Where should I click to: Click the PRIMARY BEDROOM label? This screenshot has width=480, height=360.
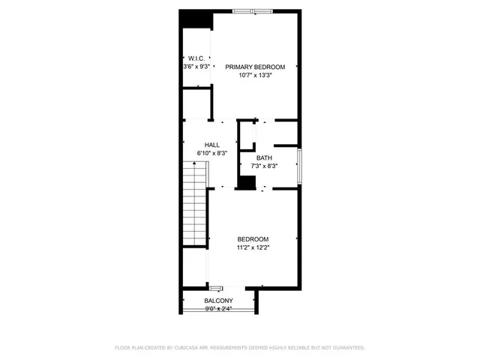255,67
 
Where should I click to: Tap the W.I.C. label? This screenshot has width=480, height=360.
196,58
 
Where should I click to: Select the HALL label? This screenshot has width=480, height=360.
212,144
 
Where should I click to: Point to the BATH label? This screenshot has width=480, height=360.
264,157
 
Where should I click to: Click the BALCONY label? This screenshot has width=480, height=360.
218,300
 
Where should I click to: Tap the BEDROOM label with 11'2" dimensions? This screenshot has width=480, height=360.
253,239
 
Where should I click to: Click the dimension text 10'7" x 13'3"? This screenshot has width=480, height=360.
255,75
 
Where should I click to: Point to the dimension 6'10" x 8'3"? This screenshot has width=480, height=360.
212,153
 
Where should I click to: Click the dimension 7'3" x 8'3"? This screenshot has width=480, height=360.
264,166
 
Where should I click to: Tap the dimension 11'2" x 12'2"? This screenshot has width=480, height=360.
253,248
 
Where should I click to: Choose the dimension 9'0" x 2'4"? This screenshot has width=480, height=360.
218,308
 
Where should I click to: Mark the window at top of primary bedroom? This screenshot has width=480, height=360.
252,11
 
